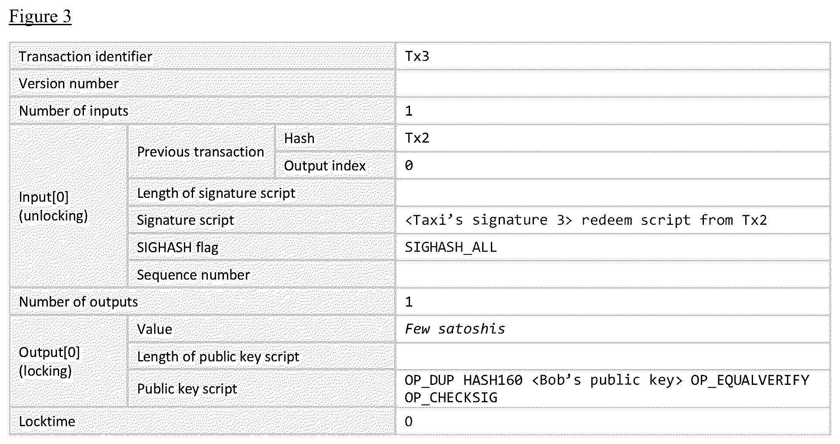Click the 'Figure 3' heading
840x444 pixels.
40,17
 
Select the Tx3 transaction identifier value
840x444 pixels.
417,57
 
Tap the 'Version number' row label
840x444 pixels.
69,83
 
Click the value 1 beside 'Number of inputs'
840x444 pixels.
409,111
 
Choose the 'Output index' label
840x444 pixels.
325,166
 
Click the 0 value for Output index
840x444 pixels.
409,165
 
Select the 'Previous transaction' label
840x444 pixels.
200,152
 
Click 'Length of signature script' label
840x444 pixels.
216,193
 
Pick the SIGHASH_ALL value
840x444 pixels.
450,247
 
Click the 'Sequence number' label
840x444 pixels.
193,275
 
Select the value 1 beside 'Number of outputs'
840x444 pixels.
409,302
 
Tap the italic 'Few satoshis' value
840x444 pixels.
455,329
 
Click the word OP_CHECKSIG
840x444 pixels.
451,397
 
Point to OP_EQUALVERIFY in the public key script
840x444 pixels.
750,380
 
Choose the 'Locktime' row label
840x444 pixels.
47,421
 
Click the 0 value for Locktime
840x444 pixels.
409,421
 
